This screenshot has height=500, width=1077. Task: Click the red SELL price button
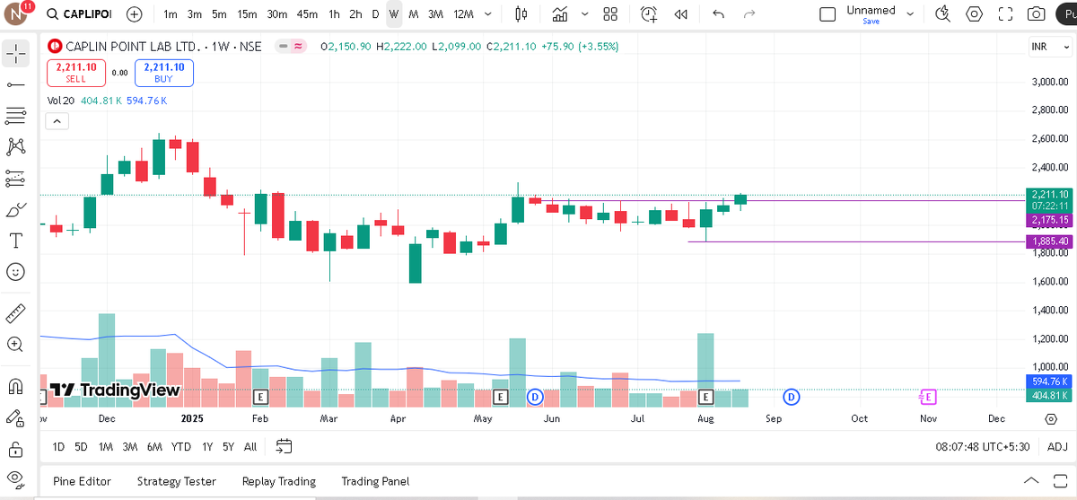coord(77,73)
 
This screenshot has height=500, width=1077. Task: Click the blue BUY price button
coord(163,73)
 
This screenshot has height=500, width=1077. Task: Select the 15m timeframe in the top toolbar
coord(247,14)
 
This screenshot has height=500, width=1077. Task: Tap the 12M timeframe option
coord(463,14)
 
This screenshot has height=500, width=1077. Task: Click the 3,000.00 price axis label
coord(1049,82)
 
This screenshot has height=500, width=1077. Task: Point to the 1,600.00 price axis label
coord(1049,282)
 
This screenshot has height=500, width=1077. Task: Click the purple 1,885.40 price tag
coord(1049,241)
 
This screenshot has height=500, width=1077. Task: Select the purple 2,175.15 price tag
coord(1049,220)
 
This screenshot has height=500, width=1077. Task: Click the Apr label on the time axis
coord(398,418)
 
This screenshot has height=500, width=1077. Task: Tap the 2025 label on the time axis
coord(193,418)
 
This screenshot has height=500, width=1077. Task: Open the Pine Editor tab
coord(82,481)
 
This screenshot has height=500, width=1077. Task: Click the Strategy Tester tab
coord(176,481)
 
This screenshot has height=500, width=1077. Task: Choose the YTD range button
coord(180,446)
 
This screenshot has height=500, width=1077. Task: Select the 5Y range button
coord(228,446)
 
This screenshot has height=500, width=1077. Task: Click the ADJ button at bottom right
coord(1057,446)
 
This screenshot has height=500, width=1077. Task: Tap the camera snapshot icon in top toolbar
coord(1036,14)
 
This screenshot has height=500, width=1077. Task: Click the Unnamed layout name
coord(871,11)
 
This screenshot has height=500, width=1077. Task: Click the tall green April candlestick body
coord(415,262)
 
